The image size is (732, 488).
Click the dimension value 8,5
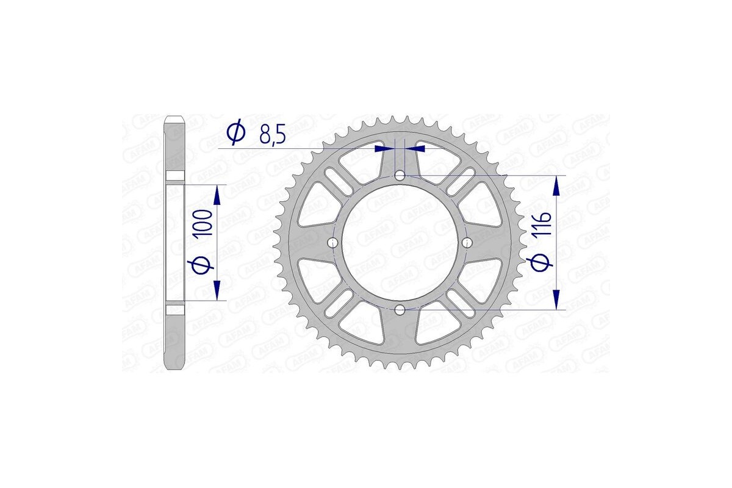(272, 134)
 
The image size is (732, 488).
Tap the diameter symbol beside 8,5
(235, 132)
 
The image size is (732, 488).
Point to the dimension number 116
(545, 226)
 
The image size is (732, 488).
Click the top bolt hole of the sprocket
(400, 176)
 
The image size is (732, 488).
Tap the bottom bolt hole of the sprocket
(400, 310)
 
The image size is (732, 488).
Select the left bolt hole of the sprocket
(332, 243)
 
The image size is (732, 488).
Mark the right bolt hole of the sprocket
(467, 243)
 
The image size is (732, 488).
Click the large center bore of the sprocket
(400, 243)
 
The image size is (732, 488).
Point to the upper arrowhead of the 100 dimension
(217, 194)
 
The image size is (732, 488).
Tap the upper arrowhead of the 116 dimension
(556, 185)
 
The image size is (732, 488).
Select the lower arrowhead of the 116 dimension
(556, 300)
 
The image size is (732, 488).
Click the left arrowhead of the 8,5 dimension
(384, 148)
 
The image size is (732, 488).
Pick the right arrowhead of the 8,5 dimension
(416, 148)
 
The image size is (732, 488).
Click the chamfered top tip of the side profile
(175, 117)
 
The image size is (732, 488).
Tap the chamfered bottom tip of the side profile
(175, 367)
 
